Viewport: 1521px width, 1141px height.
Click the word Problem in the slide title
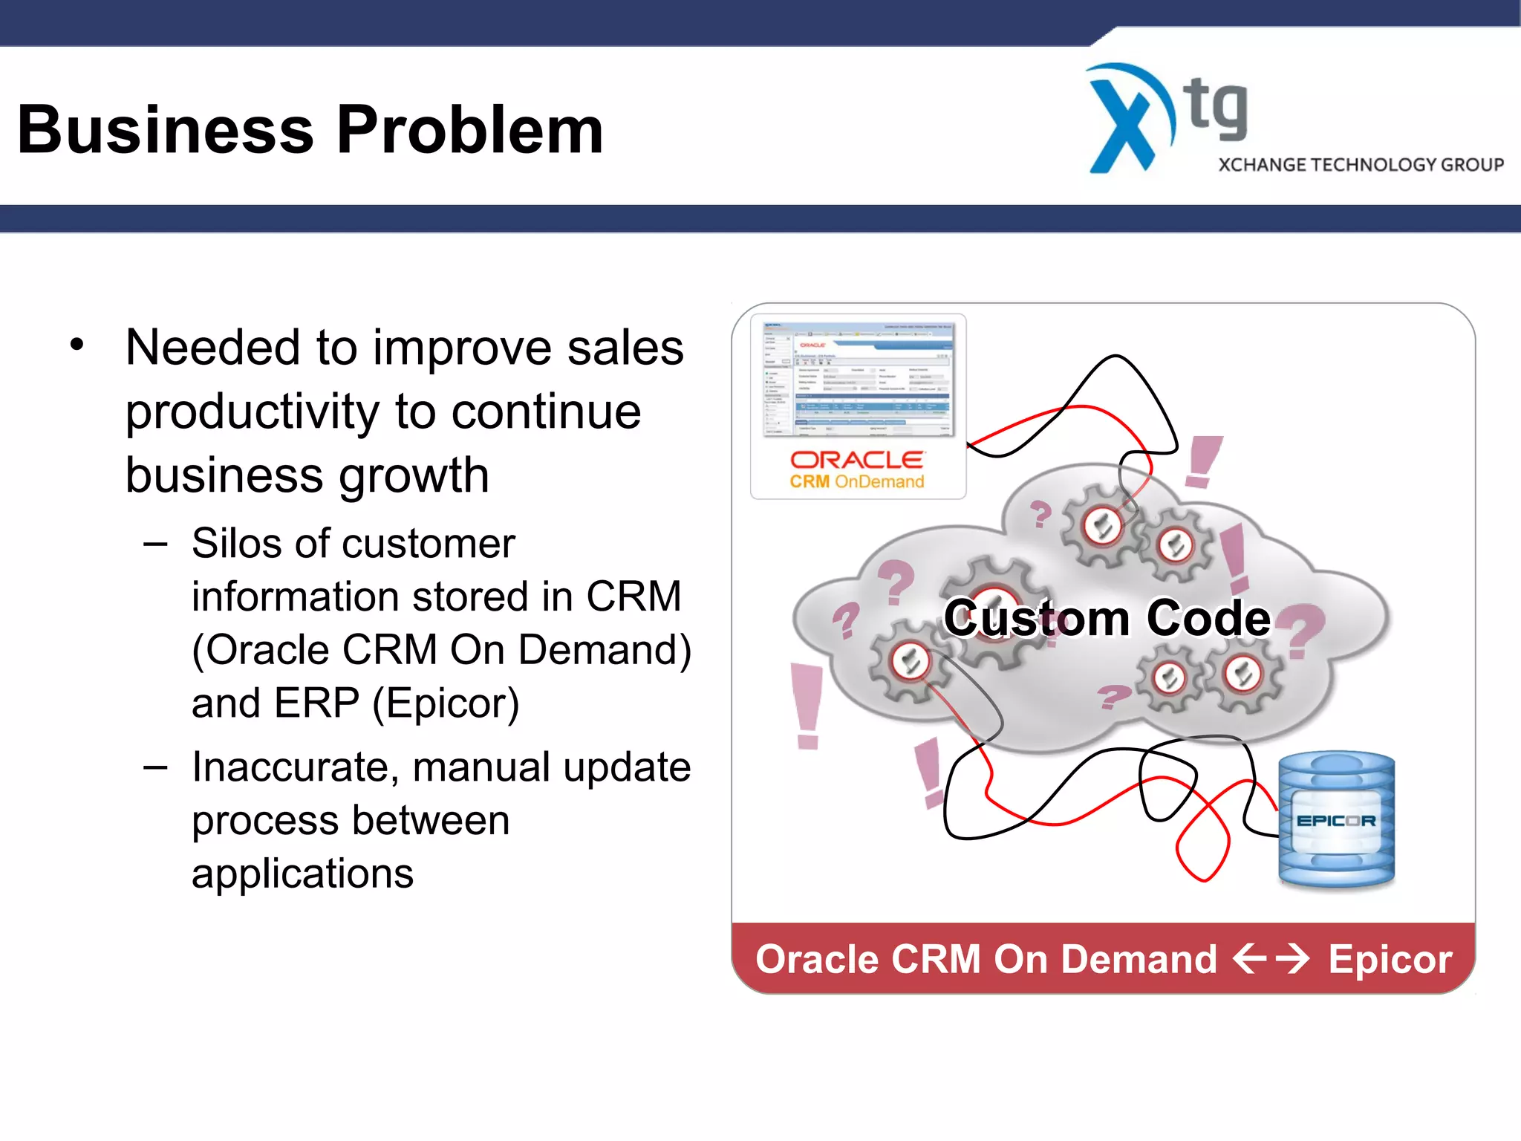(469, 130)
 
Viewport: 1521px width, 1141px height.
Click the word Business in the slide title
(165, 130)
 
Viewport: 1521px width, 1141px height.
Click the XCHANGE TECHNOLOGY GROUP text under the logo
(1361, 165)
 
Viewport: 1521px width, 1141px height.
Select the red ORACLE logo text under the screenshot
(856, 460)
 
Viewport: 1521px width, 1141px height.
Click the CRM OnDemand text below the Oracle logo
(856, 482)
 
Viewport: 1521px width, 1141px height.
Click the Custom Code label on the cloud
(1107, 618)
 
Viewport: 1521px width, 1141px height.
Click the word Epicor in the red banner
(1390, 959)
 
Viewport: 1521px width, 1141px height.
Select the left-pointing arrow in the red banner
(1249, 958)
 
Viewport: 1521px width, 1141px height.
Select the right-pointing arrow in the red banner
(1292, 958)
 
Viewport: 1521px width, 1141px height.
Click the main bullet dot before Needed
(77, 345)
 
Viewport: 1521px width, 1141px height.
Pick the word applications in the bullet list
(302, 874)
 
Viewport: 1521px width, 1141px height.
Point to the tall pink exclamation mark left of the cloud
(807, 704)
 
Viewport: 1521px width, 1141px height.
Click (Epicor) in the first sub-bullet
(446, 703)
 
